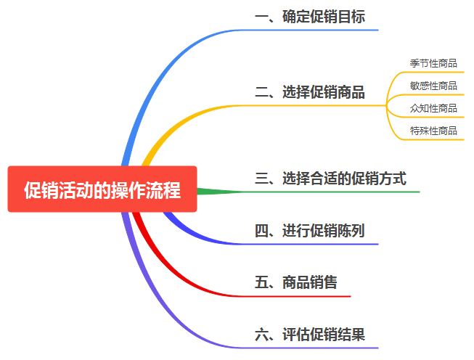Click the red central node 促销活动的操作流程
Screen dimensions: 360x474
(102, 189)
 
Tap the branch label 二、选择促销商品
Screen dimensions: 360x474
(310, 92)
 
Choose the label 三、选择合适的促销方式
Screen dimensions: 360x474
(330, 178)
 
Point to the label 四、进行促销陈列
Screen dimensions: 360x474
(310, 231)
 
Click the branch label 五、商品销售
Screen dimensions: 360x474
(296, 282)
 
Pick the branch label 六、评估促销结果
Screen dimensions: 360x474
(310, 335)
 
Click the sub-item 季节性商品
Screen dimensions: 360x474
(433, 63)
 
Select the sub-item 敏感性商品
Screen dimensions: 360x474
(433, 86)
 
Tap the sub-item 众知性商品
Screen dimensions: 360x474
(433, 108)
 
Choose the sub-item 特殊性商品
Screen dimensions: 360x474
(433, 131)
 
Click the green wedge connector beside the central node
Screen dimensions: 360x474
(214, 192)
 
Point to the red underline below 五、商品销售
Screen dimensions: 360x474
(305, 296)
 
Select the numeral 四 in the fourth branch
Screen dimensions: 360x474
(262, 231)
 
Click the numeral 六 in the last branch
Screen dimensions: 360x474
(262, 335)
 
